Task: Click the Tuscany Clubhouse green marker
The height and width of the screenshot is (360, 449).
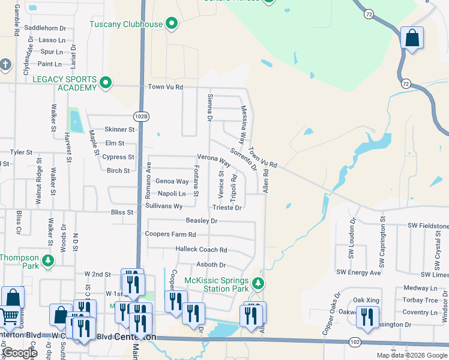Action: [172, 24]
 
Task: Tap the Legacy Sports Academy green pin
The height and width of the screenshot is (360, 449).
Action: [106, 83]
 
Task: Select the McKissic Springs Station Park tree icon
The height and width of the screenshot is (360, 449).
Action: [258, 283]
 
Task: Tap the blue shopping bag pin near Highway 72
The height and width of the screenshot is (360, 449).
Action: [412, 39]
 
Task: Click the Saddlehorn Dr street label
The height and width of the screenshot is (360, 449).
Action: [45, 28]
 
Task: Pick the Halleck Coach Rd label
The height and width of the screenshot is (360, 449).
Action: [201, 250]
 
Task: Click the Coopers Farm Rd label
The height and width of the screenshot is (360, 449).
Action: [170, 235]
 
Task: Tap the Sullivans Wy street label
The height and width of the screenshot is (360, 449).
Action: [164, 206]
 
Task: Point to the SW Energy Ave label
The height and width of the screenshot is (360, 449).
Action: [358, 272]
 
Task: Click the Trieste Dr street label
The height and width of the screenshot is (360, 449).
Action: [227, 208]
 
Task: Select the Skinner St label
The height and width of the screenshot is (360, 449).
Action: [120, 129]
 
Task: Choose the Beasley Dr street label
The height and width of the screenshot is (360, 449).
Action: [201, 221]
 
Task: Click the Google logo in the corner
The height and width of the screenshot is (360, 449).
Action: [20, 353]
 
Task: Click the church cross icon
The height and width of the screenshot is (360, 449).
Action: [5, 64]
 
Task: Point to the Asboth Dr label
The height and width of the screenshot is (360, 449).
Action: [211, 265]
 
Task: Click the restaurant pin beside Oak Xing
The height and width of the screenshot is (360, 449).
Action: [367, 316]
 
